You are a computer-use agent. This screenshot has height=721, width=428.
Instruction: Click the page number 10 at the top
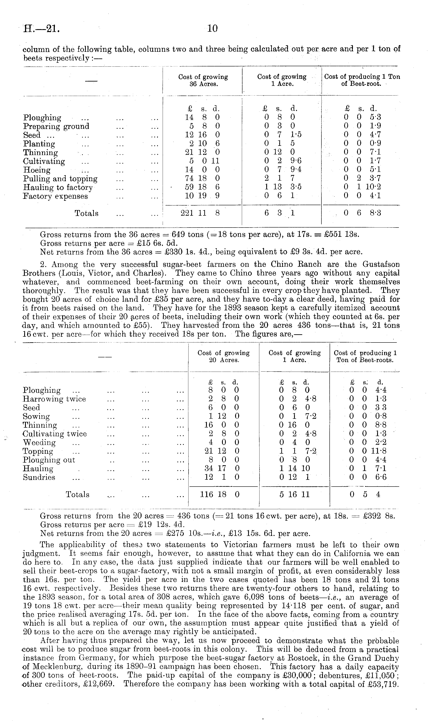[212, 28]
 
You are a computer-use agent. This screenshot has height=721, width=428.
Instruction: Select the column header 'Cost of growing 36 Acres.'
[203, 80]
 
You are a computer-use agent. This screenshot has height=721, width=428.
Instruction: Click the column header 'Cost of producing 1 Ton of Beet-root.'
[362, 80]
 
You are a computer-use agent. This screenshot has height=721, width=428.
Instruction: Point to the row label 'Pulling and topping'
[60, 179]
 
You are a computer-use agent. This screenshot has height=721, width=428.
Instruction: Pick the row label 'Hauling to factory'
[58, 188]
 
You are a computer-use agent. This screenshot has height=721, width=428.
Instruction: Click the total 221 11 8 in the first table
[200, 213]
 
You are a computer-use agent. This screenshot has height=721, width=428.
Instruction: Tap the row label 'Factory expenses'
[55, 196]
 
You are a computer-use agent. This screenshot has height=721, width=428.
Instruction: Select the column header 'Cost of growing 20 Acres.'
[223, 356]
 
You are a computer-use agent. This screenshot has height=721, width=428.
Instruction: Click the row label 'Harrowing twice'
[54, 399]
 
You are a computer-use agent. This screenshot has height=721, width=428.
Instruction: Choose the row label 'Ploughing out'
[49, 460]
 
